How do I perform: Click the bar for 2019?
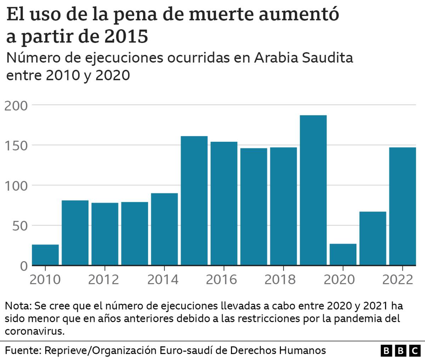point(313,190)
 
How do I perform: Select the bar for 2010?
point(45,255)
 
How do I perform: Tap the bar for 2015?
point(194,201)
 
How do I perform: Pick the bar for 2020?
point(343,254)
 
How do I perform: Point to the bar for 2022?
point(402,206)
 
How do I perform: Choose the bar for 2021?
point(373,238)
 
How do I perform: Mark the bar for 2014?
point(164,229)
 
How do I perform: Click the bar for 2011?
point(75,233)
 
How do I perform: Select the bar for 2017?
point(254,207)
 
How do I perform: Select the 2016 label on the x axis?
point(222,280)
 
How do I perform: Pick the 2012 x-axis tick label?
point(103,280)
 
